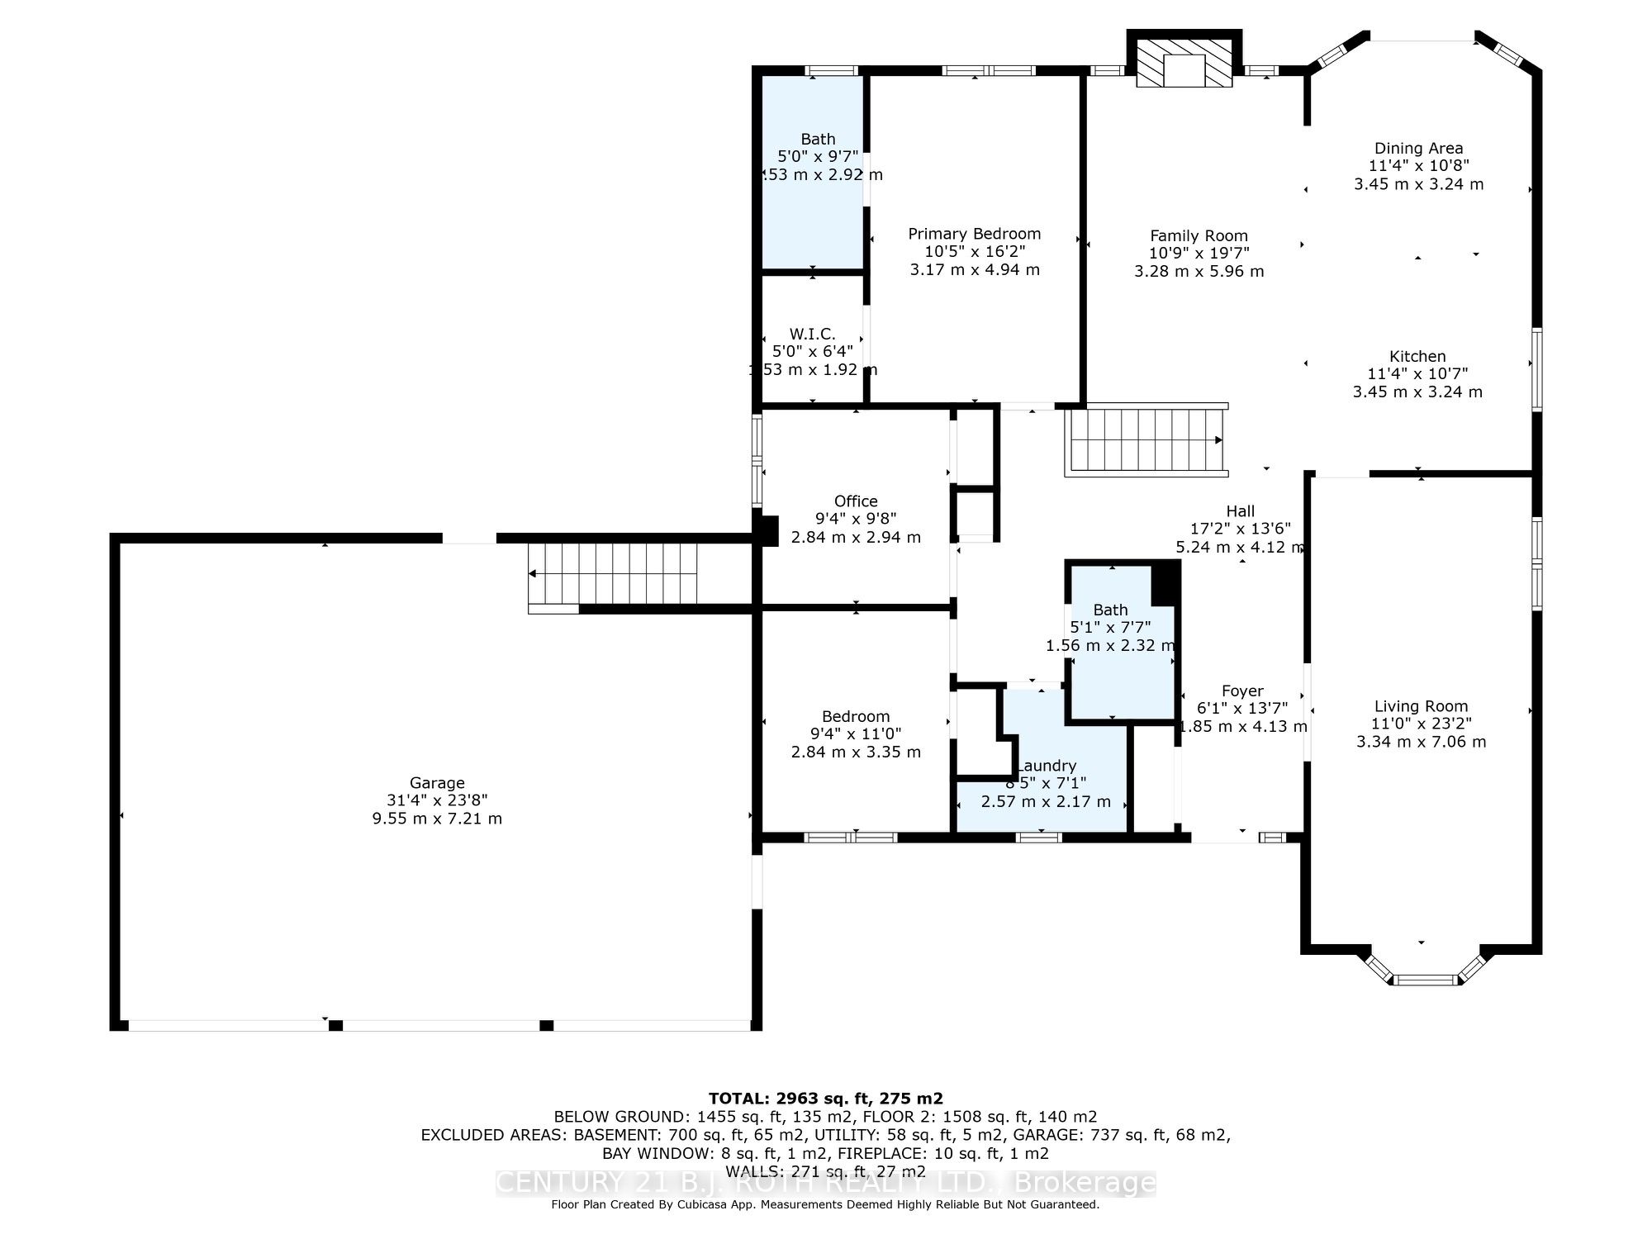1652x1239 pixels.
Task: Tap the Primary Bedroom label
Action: tap(974, 234)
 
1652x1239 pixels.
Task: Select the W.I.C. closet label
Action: tap(812, 334)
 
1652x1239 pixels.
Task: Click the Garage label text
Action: tap(437, 782)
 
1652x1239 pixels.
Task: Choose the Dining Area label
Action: tap(1418, 148)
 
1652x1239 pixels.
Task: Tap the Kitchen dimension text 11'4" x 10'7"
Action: tap(1417, 374)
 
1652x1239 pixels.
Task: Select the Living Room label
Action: tap(1421, 705)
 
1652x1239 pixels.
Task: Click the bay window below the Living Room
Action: tap(1422, 978)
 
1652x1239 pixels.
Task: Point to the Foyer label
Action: tap(1242, 691)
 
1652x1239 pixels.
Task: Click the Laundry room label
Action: tap(1047, 766)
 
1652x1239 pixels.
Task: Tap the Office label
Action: tap(855, 501)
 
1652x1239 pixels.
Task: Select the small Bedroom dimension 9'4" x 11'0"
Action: tap(855, 733)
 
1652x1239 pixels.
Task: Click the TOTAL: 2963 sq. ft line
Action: tap(825, 1098)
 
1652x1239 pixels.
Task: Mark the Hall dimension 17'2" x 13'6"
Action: tap(1240, 529)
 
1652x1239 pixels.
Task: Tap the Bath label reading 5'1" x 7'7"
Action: tap(1109, 610)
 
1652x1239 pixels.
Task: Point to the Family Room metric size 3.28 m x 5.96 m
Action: tap(1199, 271)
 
